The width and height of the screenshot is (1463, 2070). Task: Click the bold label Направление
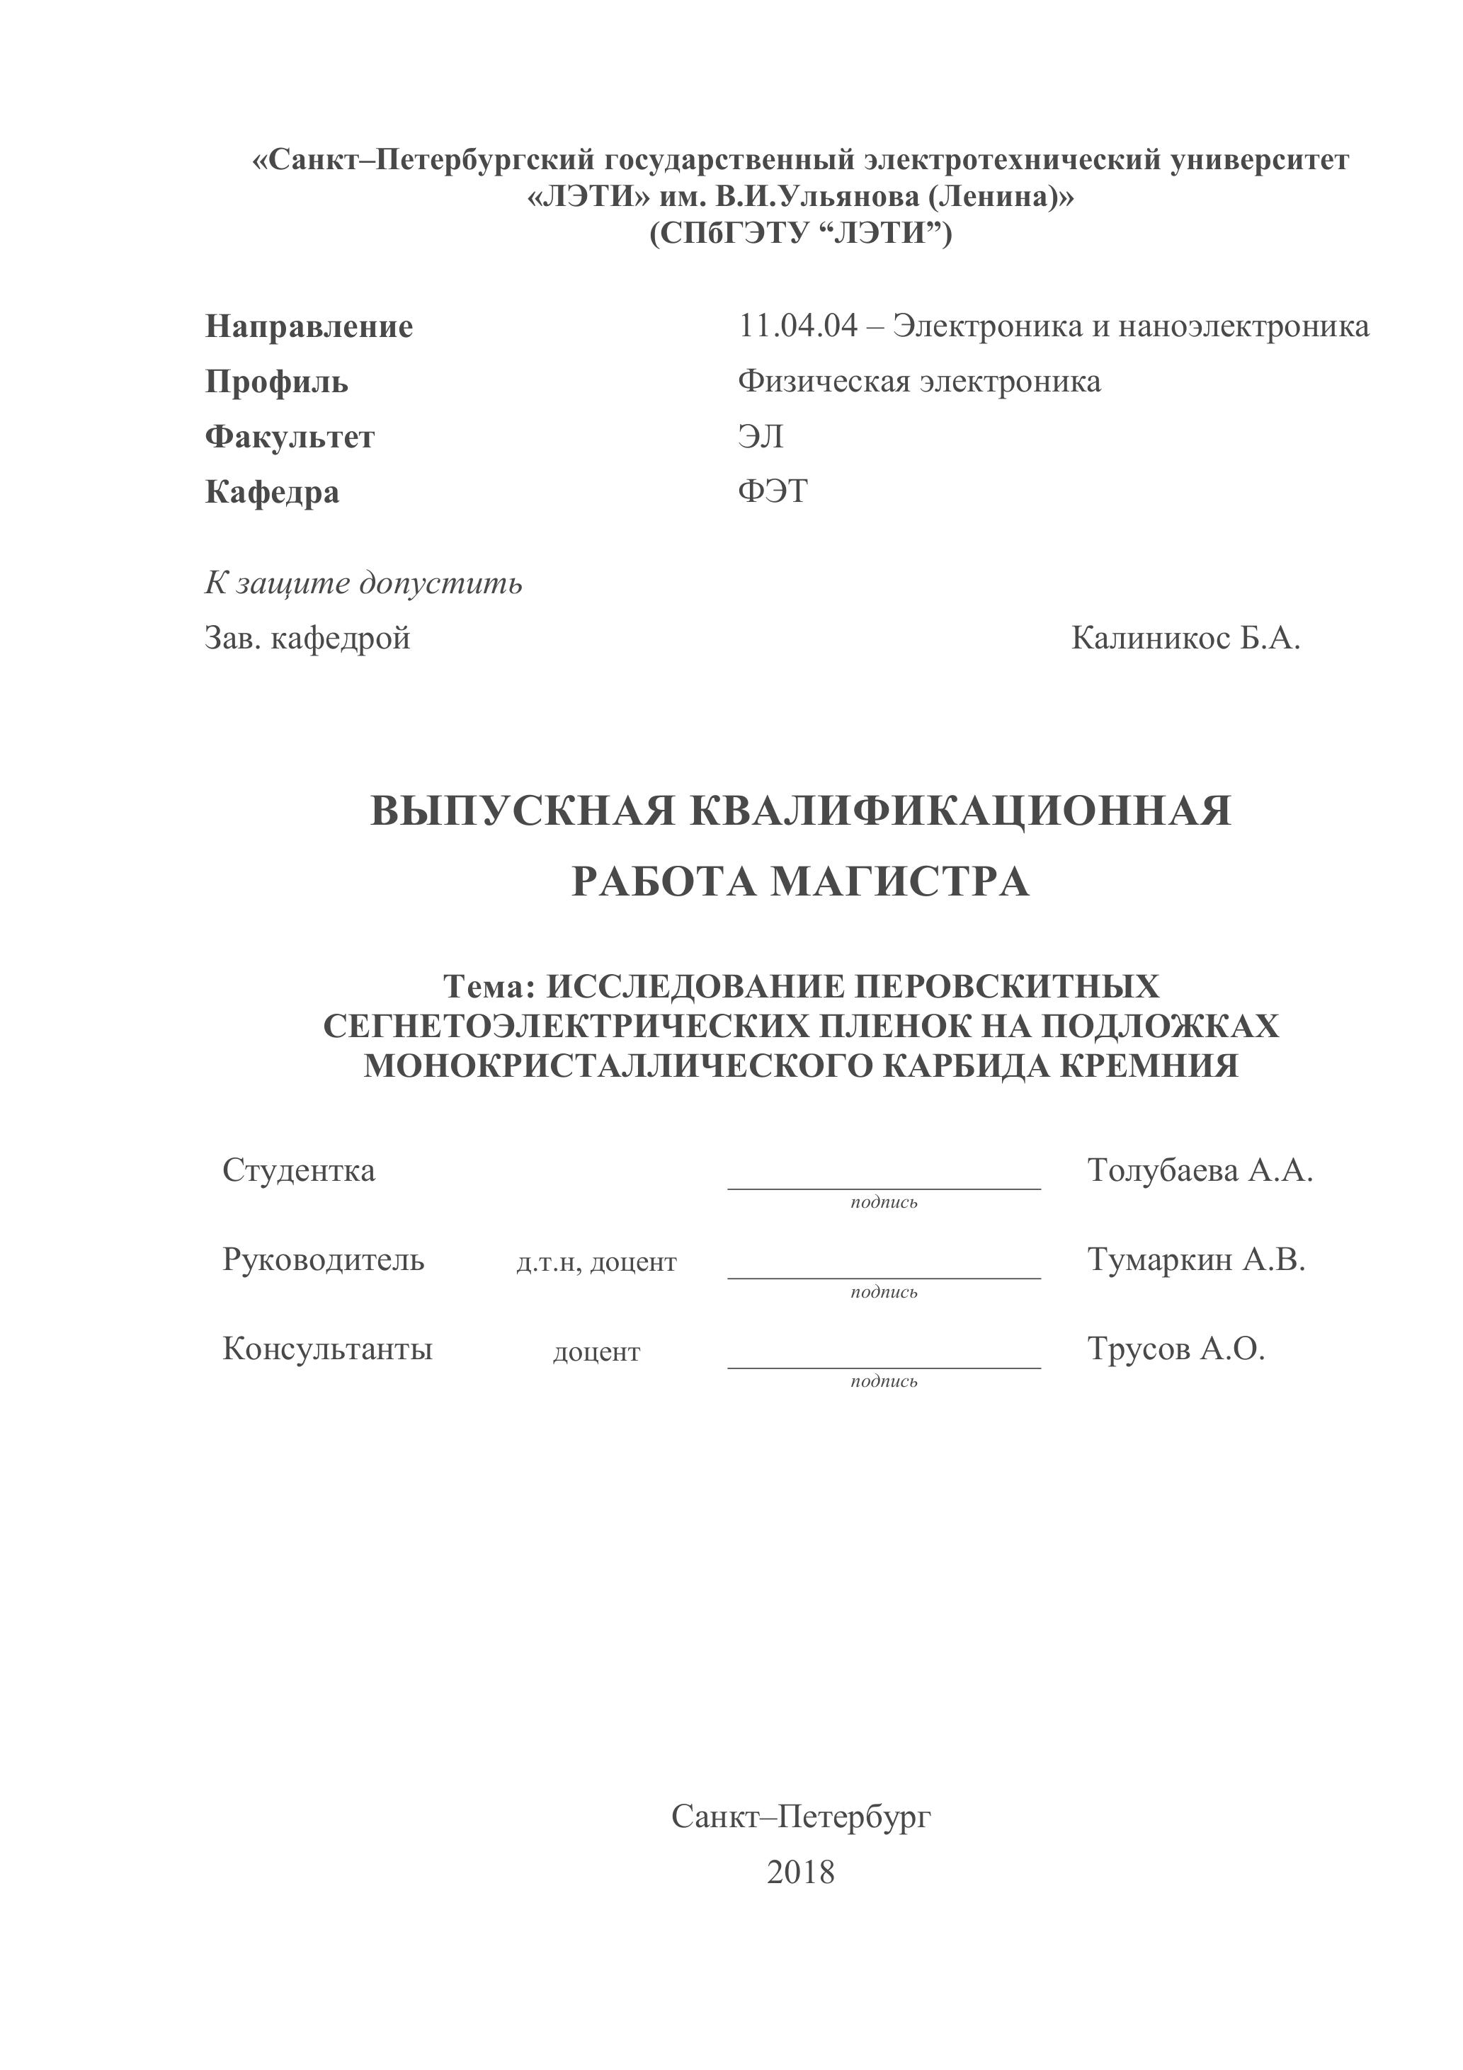(x=309, y=326)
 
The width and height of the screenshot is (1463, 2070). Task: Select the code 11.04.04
(x=798, y=326)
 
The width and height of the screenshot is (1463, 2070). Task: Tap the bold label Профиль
(x=276, y=382)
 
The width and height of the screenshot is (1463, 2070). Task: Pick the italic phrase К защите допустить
(x=363, y=583)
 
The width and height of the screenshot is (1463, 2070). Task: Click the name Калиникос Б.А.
(x=1185, y=639)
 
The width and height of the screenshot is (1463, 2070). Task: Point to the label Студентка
(x=299, y=1170)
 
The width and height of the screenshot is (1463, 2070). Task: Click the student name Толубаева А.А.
(x=1200, y=1170)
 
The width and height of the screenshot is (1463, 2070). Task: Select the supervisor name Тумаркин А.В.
(x=1196, y=1259)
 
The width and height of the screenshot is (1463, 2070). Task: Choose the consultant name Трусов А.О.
(x=1176, y=1349)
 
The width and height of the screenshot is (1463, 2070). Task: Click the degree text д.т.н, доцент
(x=596, y=1262)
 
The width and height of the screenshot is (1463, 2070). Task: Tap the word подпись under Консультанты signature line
(x=884, y=1381)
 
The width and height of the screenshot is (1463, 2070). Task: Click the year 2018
(x=800, y=1872)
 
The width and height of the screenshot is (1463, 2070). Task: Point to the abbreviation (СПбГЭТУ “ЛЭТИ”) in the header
(x=800, y=234)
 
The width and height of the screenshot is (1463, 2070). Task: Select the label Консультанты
(x=327, y=1349)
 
